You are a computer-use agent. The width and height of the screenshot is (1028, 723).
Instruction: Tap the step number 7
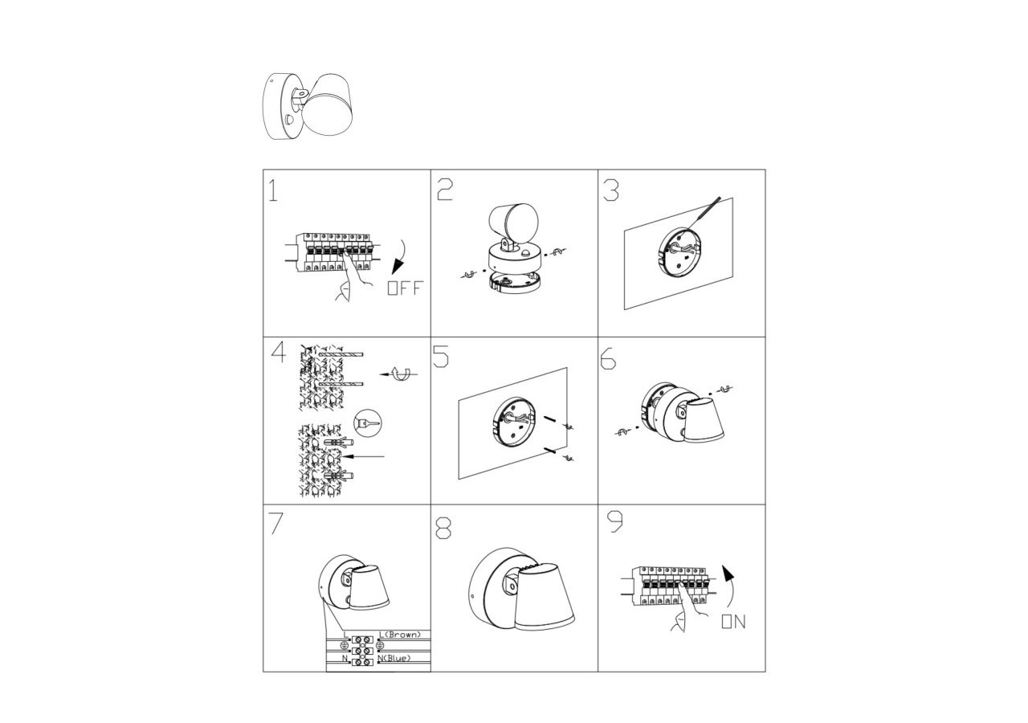pos(276,523)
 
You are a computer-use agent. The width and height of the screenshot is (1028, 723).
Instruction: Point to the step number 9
pos(615,522)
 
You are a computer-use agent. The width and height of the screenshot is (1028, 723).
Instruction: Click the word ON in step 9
pos(732,622)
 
